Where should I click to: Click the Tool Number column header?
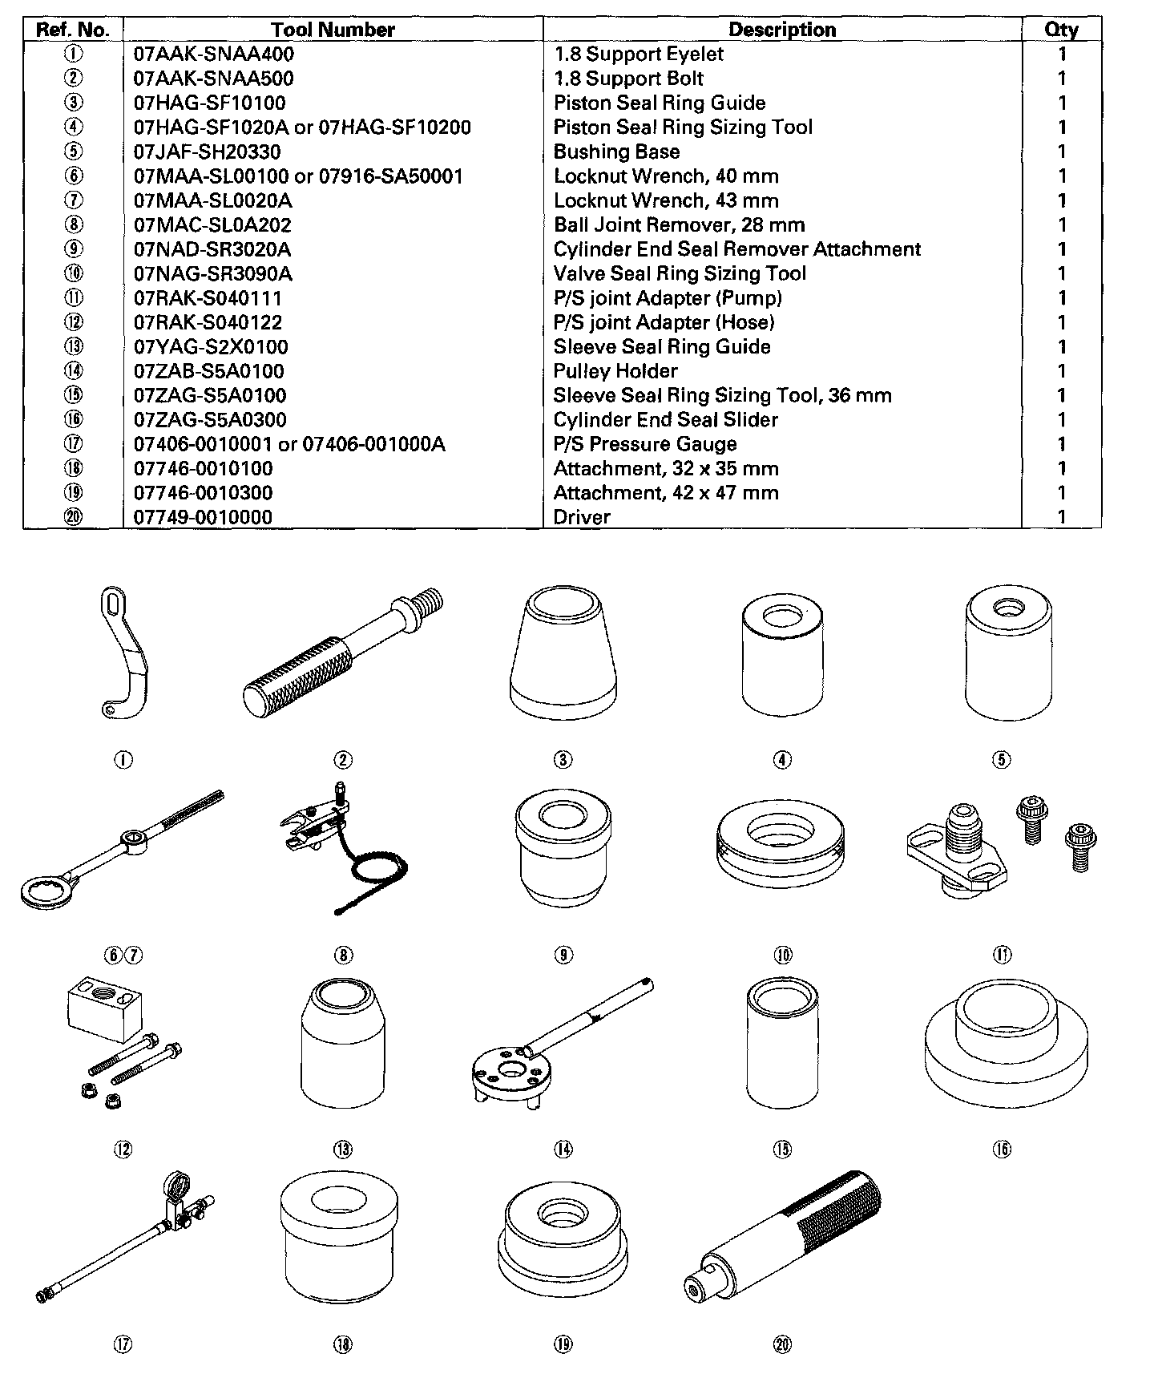pyautogui.click(x=333, y=30)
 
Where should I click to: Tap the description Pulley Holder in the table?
pyautogui.click(x=615, y=371)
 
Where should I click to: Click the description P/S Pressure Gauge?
pyautogui.click(x=645, y=444)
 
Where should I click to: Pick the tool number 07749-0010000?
pyautogui.click(x=203, y=517)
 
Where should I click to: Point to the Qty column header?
pyautogui.click(x=1061, y=30)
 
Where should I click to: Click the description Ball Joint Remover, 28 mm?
pyautogui.click(x=679, y=224)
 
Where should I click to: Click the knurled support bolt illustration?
pyautogui.click(x=341, y=649)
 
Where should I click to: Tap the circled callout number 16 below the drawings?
pyautogui.click(x=1002, y=1150)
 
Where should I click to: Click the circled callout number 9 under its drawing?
pyautogui.click(x=563, y=955)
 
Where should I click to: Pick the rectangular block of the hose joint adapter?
pyautogui.click(x=103, y=999)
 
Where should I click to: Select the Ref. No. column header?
pyautogui.click(x=73, y=30)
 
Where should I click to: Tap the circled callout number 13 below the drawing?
pyautogui.click(x=343, y=1150)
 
